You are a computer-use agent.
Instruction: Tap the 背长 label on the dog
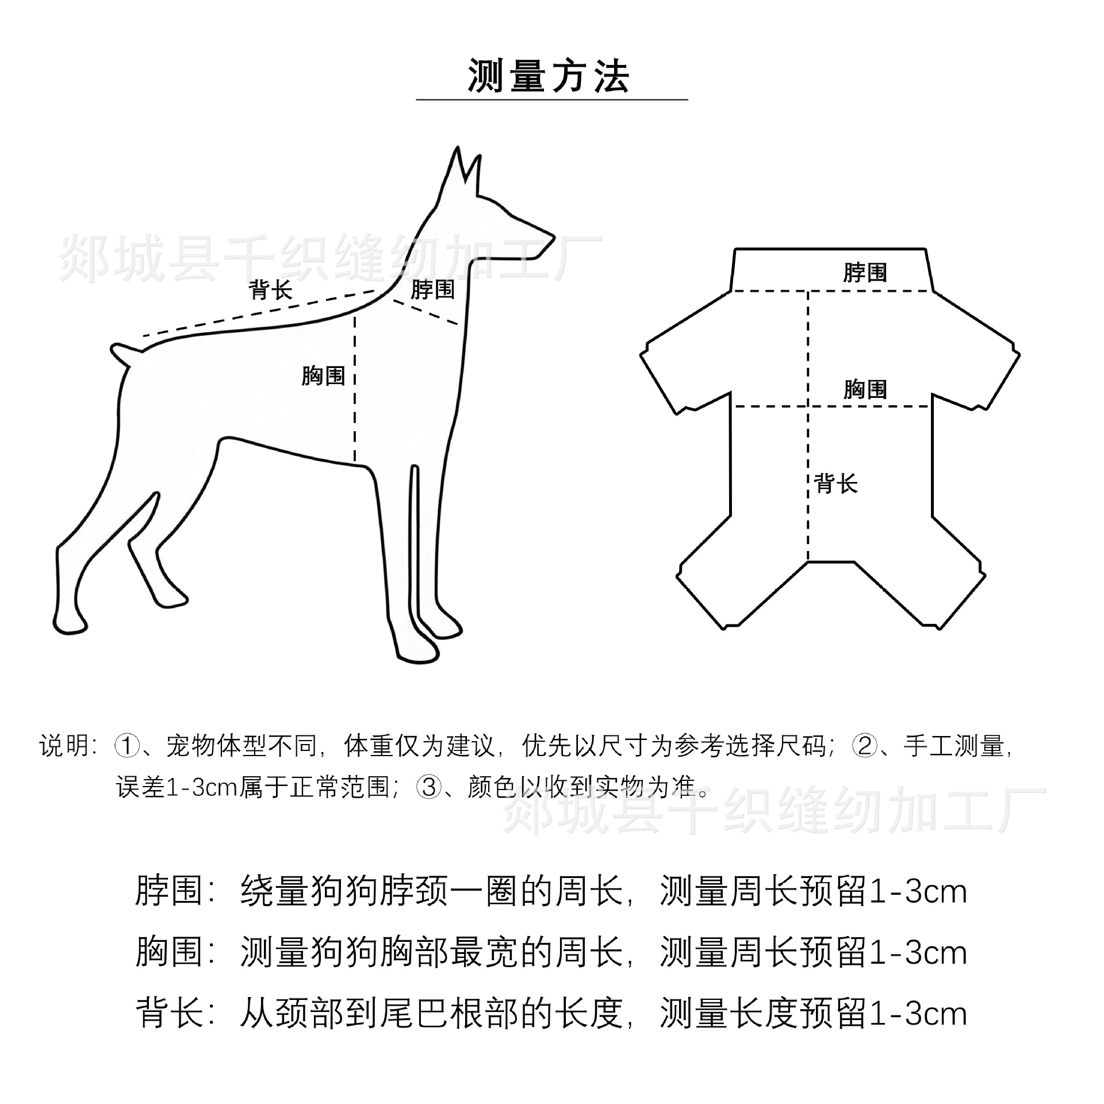click(x=271, y=290)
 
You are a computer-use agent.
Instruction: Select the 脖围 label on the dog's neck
click(x=432, y=290)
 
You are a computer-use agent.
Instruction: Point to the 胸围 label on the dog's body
click(x=323, y=376)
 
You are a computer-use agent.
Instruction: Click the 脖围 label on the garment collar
click(x=865, y=273)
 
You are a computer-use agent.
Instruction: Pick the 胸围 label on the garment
click(x=865, y=390)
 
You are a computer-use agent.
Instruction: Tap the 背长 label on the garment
click(x=837, y=484)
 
